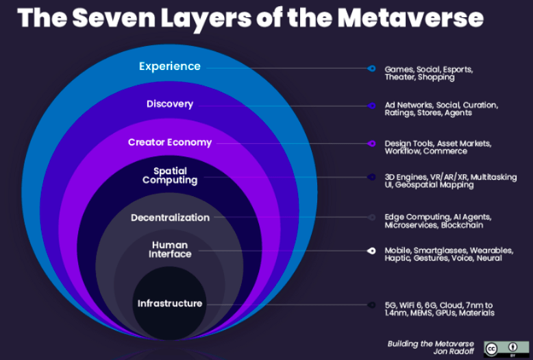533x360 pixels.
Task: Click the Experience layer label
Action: click(x=169, y=67)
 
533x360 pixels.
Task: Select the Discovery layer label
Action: click(x=169, y=104)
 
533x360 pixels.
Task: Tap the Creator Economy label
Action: click(x=169, y=143)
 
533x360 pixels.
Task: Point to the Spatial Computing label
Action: click(x=169, y=176)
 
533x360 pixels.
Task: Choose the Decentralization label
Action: click(x=170, y=217)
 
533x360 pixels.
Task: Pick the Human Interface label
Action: click(x=170, y=250)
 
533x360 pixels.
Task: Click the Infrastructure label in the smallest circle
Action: click(x=169, y=304)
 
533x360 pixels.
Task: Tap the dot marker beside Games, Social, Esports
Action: click(x=371, y=69)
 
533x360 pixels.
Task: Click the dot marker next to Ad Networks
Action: click(x=371, y=106)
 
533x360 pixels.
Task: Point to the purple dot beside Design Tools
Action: click(x=371, y=143)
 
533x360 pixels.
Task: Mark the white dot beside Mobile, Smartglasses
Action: click(x=371, y=251)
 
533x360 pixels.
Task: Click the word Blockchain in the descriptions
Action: click(x=462, y=225)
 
